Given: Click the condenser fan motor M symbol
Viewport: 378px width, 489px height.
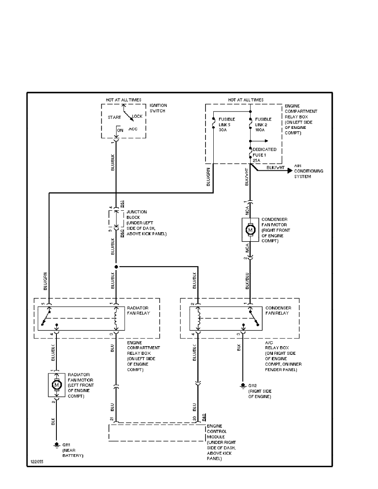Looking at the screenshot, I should [x=250, y=230].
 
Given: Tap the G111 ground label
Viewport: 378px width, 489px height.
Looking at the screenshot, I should [x=66, y=445].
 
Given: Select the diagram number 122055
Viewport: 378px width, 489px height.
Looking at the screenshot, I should [x=36, y=462].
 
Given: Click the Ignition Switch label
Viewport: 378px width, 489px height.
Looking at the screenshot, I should [x=159, y=108].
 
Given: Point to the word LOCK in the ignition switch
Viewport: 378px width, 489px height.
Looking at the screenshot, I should [x=137, y=116].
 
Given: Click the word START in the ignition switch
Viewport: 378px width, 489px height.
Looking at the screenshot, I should [x=114, y=117].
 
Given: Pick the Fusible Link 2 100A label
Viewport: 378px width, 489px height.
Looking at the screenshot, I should [x=263, y=124].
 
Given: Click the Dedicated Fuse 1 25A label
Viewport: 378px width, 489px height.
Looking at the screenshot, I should [x=264, y=155].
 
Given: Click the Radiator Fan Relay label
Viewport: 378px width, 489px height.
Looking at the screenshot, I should [x=138, y=310].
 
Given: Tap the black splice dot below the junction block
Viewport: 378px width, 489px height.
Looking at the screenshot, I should [x=117, y=267].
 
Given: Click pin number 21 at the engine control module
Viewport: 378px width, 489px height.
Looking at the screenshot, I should [x=112, y=419].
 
